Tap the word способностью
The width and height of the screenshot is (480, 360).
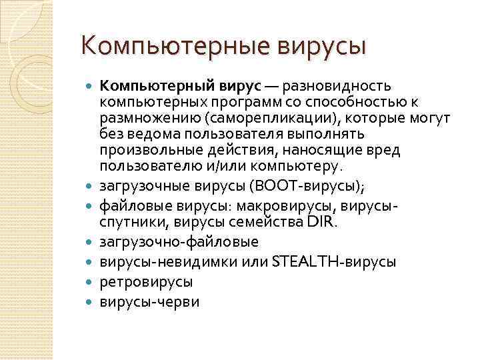pyautogui.click(x=353, y=103)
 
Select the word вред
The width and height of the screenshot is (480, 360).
pyautogui.click(x=382, y=151)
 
